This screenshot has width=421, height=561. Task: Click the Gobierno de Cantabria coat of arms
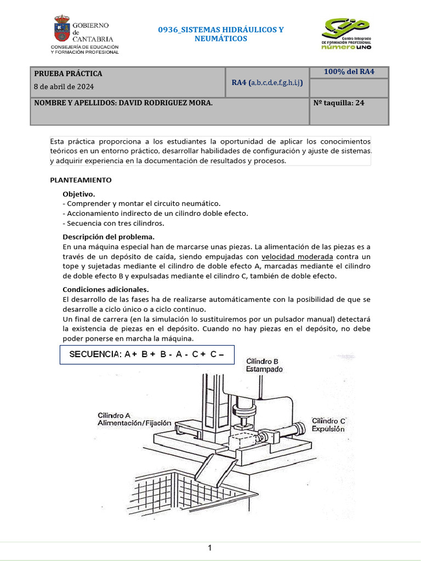[61, 29]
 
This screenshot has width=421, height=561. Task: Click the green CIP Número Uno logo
[345, 33]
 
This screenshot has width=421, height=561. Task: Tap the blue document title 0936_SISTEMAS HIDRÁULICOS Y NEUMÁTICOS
[221, 34]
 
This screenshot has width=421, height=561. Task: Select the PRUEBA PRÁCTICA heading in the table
[68, 73]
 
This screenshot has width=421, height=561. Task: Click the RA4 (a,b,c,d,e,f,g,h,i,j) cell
[267, 83]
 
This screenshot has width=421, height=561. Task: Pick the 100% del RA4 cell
[349, 72]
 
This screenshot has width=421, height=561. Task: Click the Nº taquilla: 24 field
[338, 102]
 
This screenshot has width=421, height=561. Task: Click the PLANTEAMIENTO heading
[81, 179]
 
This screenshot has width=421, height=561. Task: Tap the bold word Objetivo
[79, 194]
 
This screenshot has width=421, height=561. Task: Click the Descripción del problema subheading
[109, 237]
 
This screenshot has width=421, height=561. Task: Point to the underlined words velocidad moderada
[297, 256]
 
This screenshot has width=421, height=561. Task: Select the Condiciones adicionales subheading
[106, 289]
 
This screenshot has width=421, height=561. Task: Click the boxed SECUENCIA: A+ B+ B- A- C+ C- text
[147, 354]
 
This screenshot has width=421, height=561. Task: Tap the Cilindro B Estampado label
[264, 365]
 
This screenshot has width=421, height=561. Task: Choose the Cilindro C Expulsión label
[328, 425]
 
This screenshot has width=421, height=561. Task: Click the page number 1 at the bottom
[210, 547]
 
